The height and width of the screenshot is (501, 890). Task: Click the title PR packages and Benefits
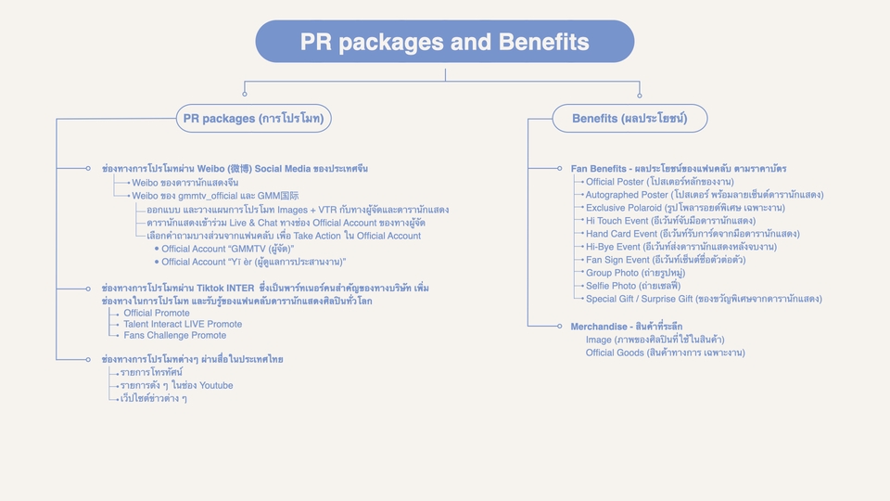pyautogui.click(x=444, y=42)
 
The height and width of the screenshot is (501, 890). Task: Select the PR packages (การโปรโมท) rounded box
pyautogui.click(x=254, y=118)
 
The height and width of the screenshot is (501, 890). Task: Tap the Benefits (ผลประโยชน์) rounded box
pyautogui.click(x=629, y=118)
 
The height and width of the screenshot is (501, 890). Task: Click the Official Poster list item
pyautogui.click(x=659, y=182)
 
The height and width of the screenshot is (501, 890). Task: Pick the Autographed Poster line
pyautogui.click(x=705, y=195)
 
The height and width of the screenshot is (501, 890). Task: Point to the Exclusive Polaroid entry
pyautogui.click(x=685, y=208)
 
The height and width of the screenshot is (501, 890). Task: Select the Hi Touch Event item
pyautogui.click(x=670, y=221)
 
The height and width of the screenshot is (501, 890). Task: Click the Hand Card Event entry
pyautogui.click(x=693, y=234)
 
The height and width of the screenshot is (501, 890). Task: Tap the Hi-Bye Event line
pyautogui.click(x=681, y=247)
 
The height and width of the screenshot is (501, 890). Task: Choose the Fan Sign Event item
pyautogui.click(x=666, y=260)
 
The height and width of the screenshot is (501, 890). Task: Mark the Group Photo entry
pyautogui.click(x=635, y=273)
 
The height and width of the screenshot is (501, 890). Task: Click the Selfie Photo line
pyautogui.click(x=633, y=287)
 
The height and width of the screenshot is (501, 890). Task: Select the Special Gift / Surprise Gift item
pyautogui.click(x=704, y=299)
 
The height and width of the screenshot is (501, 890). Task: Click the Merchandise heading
pyautogui.click(x=627, y=327)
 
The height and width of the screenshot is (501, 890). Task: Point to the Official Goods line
pyautogui.click(x=666, y=353)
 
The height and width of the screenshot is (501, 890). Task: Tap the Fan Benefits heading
pyautogui.click(x=679, y=169)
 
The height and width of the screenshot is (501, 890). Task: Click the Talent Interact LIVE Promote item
pyautogui.click(x=183, y=325)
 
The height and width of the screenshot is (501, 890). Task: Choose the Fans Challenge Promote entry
pyautogui.click(x=175, y=336)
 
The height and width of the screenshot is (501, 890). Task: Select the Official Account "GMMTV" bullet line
pyautogui.click(x=228, y=249)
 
